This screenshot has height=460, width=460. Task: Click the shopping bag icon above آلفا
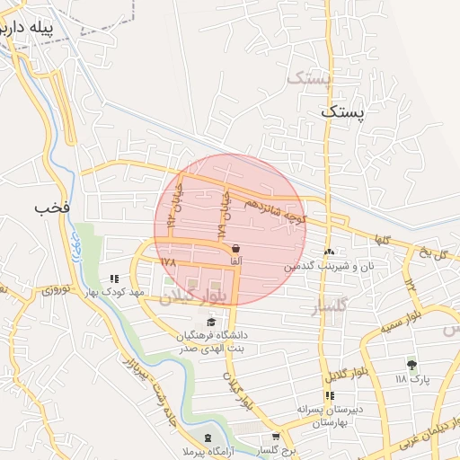pos(235,249)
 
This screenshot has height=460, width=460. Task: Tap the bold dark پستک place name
pos(343,112)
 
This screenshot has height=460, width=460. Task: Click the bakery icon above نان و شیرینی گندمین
pos(330,252)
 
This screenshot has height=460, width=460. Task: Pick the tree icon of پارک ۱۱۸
pos(411,365)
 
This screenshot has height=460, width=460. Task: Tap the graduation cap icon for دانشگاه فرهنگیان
pos(211,322)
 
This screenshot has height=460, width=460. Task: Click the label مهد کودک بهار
pos(114,292)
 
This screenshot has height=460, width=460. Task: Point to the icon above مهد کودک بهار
pos(113,279)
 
